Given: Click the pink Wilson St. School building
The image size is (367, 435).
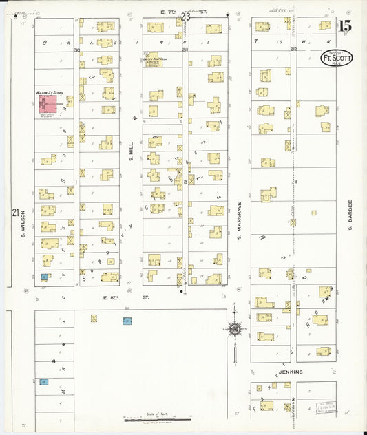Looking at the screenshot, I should click(49, 105).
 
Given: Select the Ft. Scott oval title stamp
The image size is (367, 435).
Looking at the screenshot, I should click(337, 58).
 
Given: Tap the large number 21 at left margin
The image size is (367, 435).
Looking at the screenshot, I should click(15, 213).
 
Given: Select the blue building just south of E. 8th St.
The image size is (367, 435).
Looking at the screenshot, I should click(127, 321).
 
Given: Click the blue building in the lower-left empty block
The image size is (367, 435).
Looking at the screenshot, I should click(44, 381).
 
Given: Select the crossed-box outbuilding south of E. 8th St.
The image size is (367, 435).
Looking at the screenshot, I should click(94, 318).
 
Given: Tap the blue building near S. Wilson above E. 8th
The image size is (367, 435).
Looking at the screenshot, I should click(45, 277).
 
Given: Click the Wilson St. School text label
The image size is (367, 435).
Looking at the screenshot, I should click(49, 91).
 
